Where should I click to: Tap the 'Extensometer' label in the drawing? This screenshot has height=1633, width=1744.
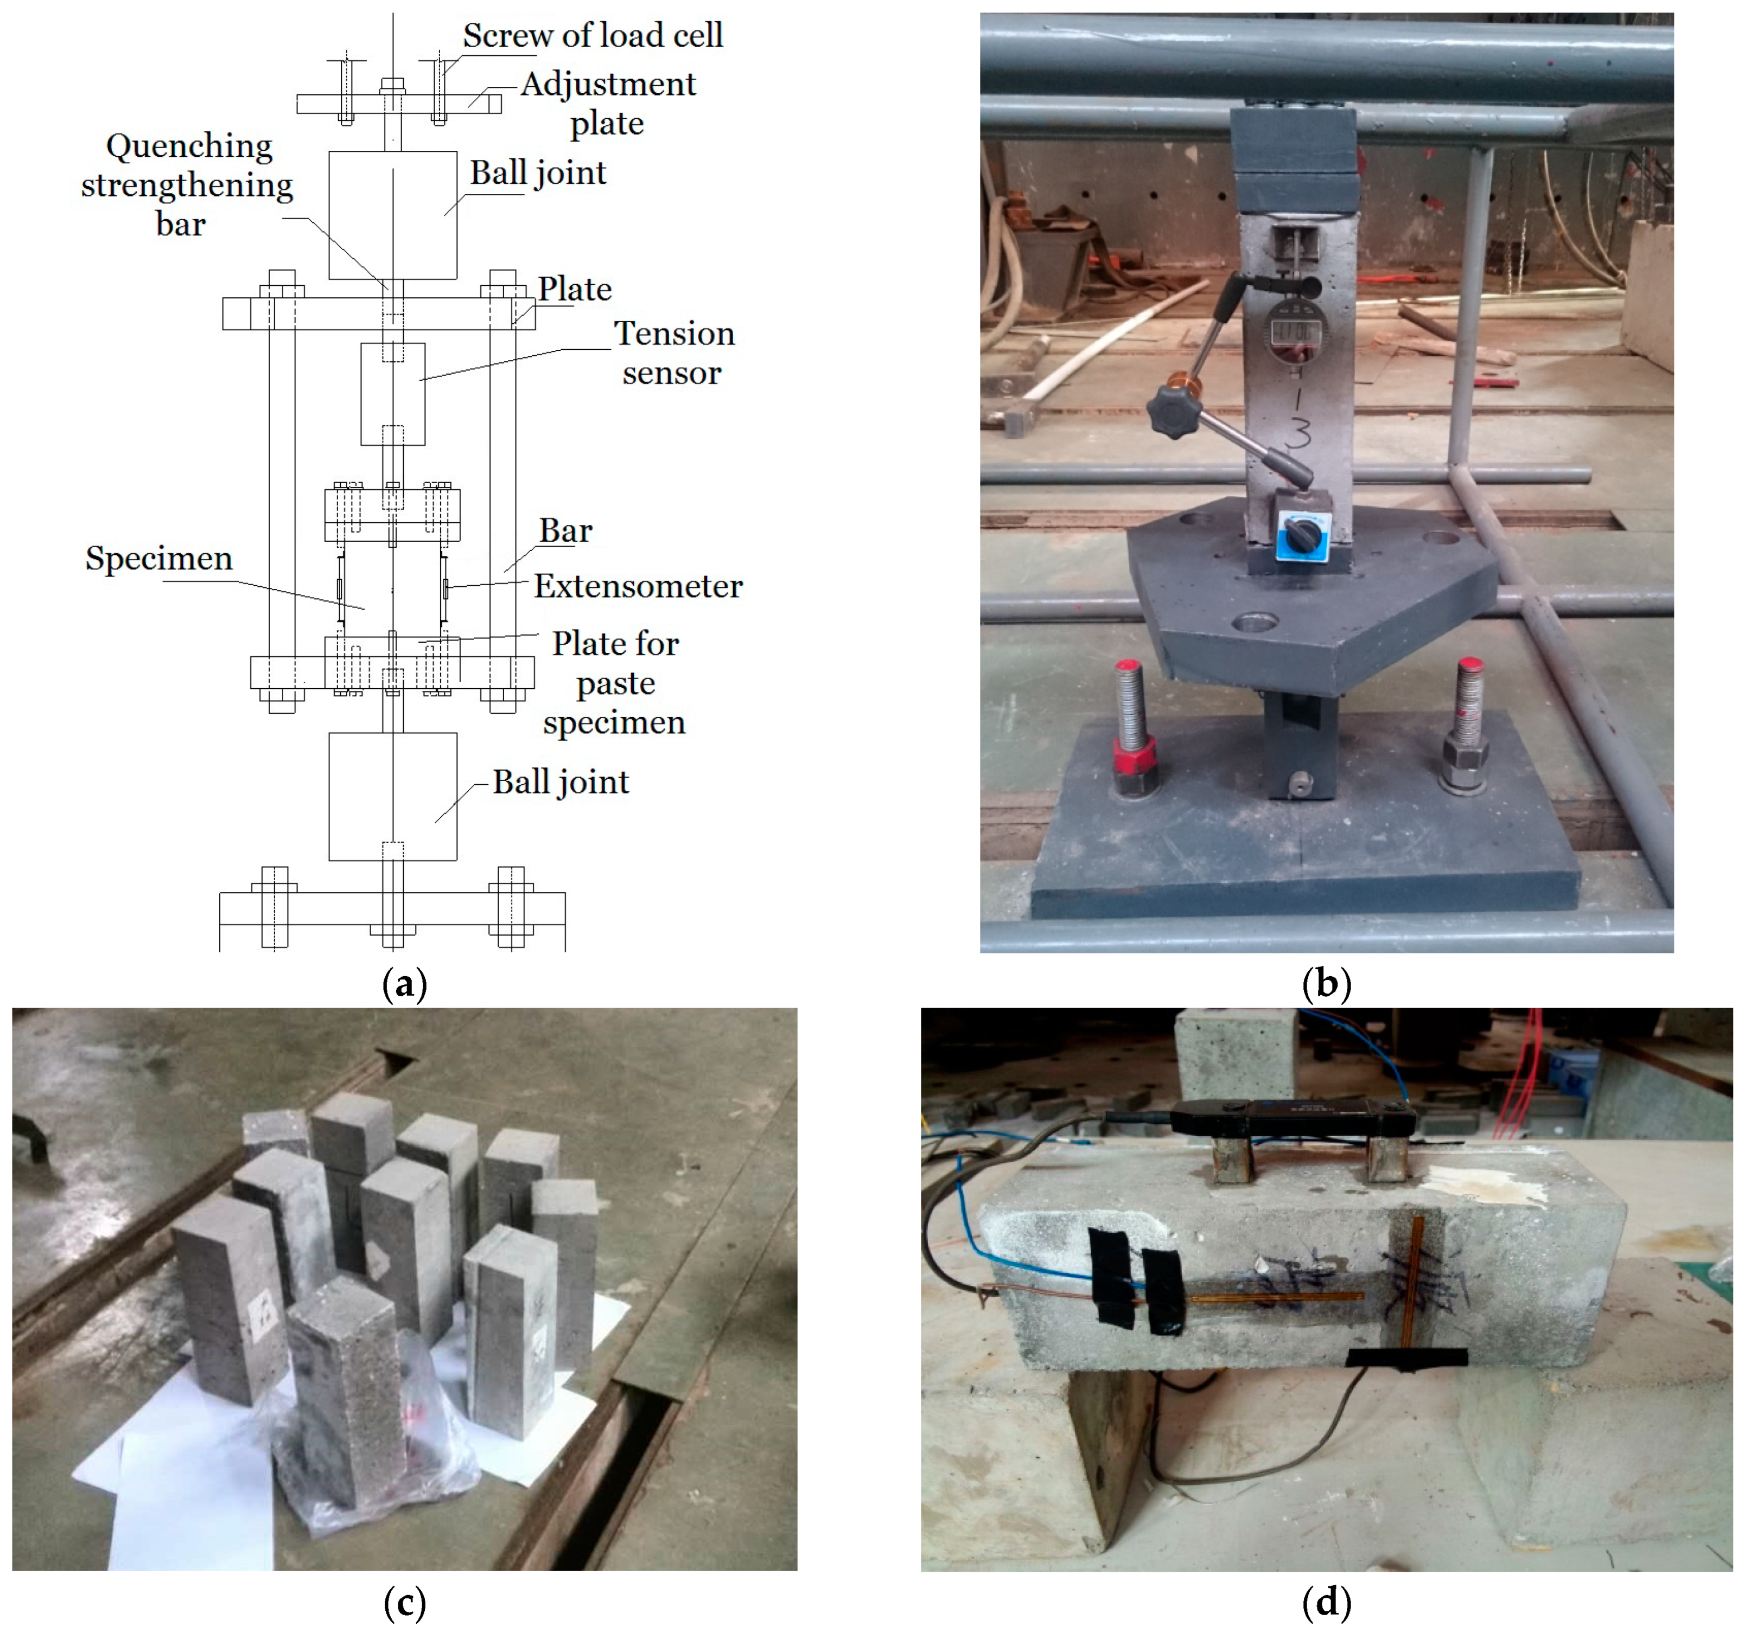(x=638, y=586)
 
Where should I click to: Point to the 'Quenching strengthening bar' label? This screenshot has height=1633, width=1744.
(x=186, y=185)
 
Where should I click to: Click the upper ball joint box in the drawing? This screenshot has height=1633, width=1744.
(x=392, y=215)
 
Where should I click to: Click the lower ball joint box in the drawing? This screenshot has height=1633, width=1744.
(x=392, y=796)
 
